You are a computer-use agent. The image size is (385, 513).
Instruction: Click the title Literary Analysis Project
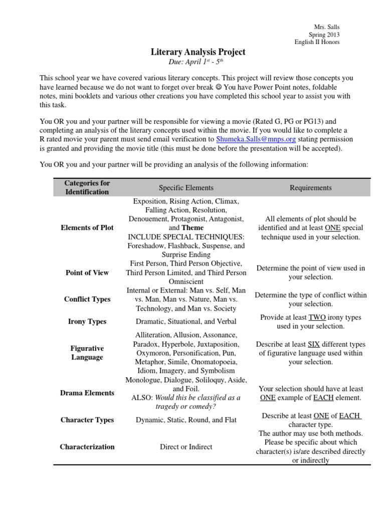(x=198, y=52)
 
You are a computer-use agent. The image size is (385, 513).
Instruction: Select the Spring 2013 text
(x=324, y=35)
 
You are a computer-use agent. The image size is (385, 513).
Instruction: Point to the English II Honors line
(x=317, y=42)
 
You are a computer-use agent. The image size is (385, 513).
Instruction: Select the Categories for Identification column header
(x=87, y=187)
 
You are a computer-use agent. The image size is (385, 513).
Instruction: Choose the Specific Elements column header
(x=186, y=188)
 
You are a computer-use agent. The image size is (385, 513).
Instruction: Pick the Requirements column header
(x=310, y=188)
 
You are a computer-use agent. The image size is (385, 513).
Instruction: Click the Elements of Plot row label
(x=87, y=227)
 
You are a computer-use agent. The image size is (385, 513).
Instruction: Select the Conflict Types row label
(x=87, y=300)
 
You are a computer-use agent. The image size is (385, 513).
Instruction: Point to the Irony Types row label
(x=87, y=322)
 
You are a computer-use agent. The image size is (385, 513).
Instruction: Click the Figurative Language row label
(x=87, y=353)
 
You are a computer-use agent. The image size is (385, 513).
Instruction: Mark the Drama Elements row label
(x=87, y=393)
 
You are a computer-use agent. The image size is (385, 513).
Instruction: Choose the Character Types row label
(x=87, y=420)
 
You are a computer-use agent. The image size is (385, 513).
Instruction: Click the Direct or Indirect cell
(x=186, y=447)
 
